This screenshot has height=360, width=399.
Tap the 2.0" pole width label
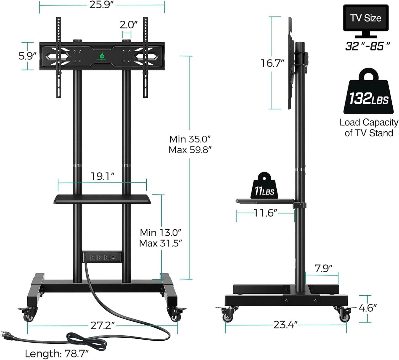click(128, 25)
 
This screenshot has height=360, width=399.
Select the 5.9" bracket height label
click(27, 56)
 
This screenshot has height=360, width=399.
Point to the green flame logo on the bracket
click(102, 56)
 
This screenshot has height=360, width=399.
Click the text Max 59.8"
click(190, 150)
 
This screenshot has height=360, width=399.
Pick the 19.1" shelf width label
click(102, 176)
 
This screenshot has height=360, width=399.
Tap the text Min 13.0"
click(160, 233)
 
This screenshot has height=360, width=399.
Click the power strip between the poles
click(102, 257)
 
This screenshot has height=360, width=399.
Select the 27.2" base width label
click(102, 325)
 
